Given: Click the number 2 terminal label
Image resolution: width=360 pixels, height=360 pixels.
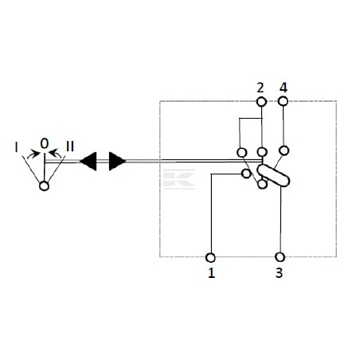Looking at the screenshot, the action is pyautogui.click(x=260, y=88).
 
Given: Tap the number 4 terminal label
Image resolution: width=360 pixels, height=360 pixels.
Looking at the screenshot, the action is pyautogui.click(x=284, y=88).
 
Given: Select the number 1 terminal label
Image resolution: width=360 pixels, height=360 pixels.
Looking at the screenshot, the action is pyautogui.click(x=211, y=272).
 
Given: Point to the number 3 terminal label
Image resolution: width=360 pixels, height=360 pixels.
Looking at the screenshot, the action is pyautogui.click(x=279, y=272).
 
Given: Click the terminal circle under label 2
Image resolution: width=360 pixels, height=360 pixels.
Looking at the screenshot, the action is pyautogui.click(x=261, y=102).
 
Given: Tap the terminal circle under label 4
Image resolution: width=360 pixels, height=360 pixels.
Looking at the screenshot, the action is pyautogui.click(x=283, y=101).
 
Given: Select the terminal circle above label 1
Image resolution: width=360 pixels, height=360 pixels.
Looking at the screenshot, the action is pyautogui.click(x=210, y=257).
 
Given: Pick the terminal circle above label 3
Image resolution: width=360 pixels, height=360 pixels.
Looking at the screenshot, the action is pyautogui.click(x=280, y=257).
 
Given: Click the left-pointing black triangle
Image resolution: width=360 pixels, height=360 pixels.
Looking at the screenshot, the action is pyautogui.click(x=88, y=161).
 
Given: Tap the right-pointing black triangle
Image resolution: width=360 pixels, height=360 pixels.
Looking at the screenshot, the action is pyautogui.click(x=117, y=161).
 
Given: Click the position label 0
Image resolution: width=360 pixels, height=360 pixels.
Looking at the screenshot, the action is pyautogui.click(x=45, y=143).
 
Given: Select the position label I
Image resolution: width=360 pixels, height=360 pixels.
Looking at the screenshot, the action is pyautogui.click(x=17, y=147).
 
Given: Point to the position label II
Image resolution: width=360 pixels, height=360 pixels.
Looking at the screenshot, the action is pyautogui.click(x=70, y=147).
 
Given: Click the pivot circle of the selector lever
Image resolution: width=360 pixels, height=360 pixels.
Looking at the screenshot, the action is pyautogui.click(x=44, y=186).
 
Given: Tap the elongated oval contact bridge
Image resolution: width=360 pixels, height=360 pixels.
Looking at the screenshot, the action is pyautogui.click(x=273, y=175).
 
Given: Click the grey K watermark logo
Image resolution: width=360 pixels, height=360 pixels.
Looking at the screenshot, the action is pyautogui.click(x=179, y=179).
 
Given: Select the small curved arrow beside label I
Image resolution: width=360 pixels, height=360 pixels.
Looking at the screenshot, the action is pyautogui.click(x=33, y=155).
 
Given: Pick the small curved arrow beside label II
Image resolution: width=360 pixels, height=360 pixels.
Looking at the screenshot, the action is pyautogui.click(x=56, y=154).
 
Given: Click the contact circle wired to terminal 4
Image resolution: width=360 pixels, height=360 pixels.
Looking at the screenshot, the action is pyautogui.click(x=284, y=151).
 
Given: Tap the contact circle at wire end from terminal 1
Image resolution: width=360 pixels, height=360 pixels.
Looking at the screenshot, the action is pyautogui.click(x=246, y=174).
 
